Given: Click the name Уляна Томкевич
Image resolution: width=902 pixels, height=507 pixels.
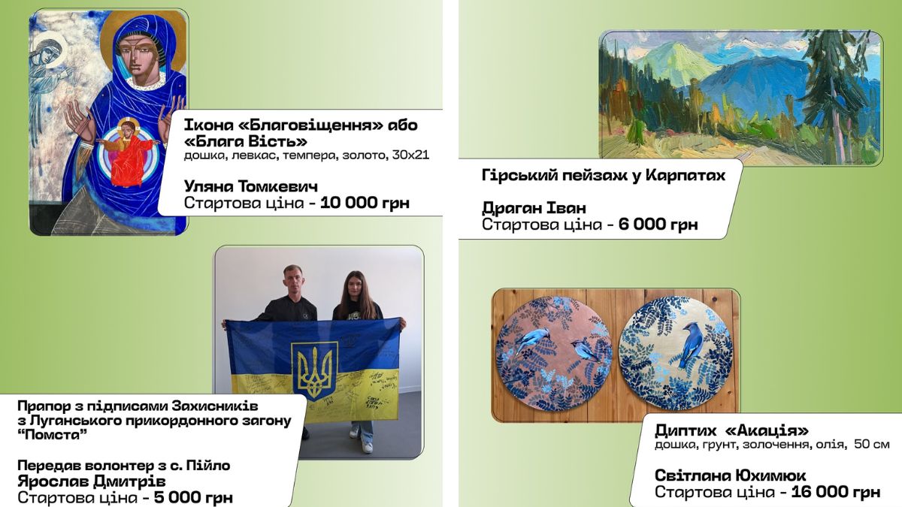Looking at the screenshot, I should coord(250,186).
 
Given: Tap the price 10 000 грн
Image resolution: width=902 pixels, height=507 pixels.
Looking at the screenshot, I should coord(365,203).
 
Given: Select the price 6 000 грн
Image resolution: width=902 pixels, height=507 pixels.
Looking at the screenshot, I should coord(658,224).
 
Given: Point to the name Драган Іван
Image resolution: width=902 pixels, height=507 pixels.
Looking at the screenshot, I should coord(534,207).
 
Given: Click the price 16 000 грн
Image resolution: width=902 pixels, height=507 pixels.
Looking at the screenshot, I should coord(835,492).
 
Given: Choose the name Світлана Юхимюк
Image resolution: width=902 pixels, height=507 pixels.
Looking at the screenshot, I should coord(730,475).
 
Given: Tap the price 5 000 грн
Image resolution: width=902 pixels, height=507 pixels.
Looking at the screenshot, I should coord(193,497).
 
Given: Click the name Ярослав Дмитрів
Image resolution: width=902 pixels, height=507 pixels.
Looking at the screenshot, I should coord(91,481).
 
